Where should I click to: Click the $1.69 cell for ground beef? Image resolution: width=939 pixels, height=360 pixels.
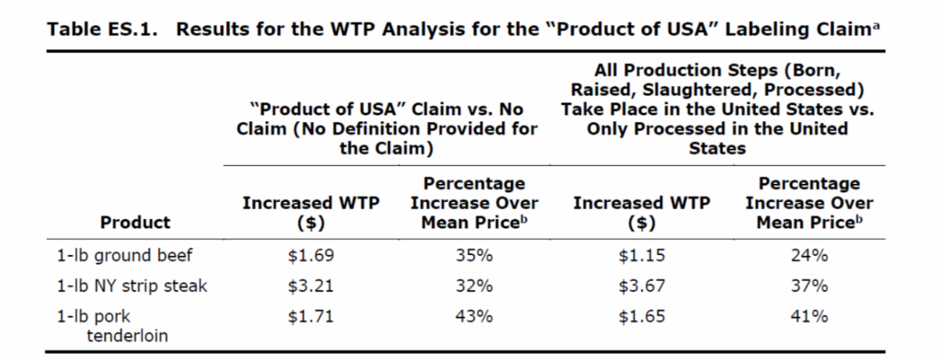(311, 256)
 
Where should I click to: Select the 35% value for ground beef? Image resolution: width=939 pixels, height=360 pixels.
(474, 256)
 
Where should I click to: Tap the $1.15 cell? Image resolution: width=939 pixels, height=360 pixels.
(642, 256)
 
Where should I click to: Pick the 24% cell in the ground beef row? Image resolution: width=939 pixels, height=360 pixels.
(809, 256)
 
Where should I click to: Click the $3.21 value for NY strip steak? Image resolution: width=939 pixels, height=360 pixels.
(311, 286)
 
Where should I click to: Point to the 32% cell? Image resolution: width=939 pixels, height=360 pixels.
(474, 286)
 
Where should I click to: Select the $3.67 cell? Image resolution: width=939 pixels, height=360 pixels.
(642, 286)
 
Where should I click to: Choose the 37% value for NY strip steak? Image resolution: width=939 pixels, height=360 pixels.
(809, 286)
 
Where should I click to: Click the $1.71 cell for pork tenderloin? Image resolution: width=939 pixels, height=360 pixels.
(311, 317)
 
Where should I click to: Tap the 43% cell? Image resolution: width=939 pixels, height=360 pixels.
(474, 317)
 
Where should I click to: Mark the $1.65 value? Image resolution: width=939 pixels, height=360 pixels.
(642, 317)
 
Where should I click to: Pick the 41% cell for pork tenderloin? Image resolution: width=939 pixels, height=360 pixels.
(809, 317)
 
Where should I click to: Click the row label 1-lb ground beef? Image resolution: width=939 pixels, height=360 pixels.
(124, 256)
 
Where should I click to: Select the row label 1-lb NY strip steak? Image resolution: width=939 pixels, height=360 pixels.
(132, 286)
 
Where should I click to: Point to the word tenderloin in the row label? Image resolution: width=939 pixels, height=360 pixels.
(125, 336)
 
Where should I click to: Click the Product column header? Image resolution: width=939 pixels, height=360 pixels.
(135, 222)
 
